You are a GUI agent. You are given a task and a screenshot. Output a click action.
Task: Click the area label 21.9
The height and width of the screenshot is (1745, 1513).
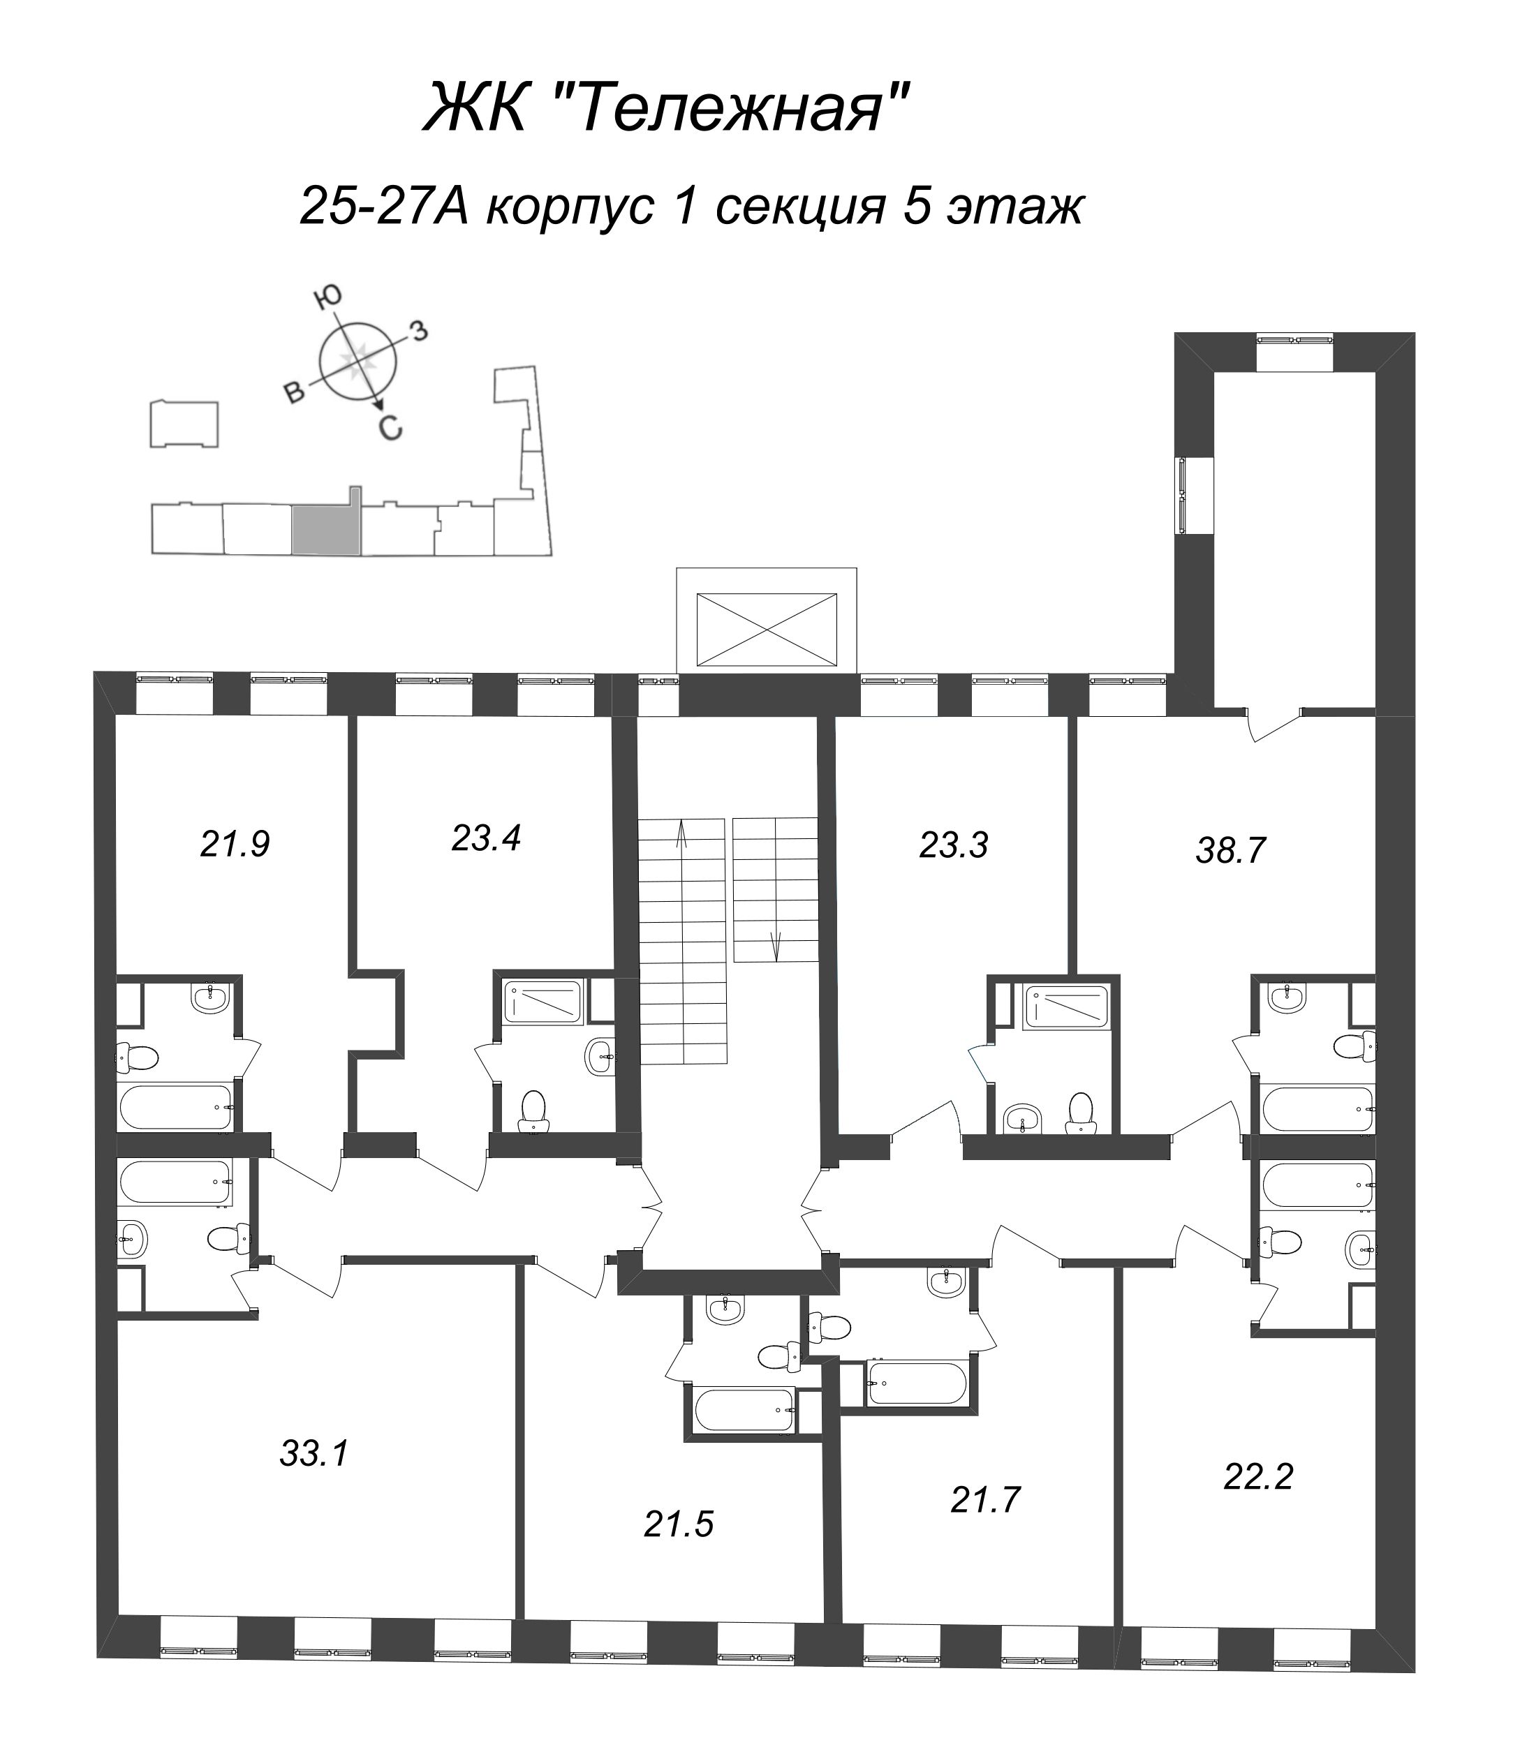(235, 844)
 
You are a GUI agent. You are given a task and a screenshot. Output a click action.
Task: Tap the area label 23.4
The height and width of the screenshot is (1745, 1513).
(487, 838)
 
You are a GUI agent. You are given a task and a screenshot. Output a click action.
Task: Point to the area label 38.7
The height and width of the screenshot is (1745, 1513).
(1230, 851)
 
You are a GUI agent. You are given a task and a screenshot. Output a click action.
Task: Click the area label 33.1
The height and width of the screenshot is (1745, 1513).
(314, 1454)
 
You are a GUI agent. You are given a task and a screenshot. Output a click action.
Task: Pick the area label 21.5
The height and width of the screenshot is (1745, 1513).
(679, 1524)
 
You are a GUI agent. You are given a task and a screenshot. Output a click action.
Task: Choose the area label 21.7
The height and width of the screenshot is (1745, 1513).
(985, 1499)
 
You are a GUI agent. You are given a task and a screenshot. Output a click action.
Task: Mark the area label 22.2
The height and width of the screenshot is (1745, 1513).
(1258, 1476)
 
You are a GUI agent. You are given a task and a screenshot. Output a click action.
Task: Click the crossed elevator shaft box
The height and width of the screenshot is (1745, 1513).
(766, 629)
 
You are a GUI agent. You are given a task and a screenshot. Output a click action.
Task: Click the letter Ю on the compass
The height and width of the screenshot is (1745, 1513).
(328, 295)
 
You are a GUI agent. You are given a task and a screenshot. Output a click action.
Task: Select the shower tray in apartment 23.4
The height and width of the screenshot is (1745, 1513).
(543, 1002)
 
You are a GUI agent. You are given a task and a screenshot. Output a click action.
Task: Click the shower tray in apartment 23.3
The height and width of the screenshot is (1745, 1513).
(1065, 1007)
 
